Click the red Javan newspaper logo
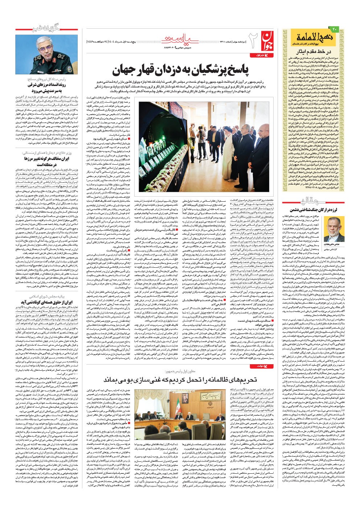click(267, 39)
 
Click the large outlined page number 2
click(253, 38)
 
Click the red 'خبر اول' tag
click(259, 55)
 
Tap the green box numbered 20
click(335, 28)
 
